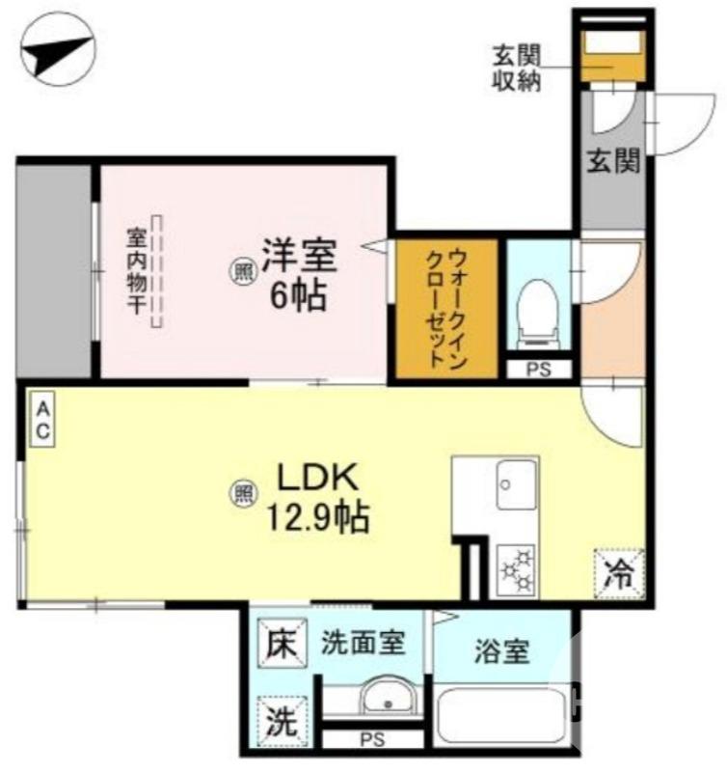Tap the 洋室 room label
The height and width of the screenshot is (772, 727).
coord(296,256)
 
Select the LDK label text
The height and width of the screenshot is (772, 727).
coord(319,478)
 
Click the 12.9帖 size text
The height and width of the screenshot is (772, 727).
coord(319,520)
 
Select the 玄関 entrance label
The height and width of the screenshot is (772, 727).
coord(613,161)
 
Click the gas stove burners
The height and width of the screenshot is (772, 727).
coord(516,569)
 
